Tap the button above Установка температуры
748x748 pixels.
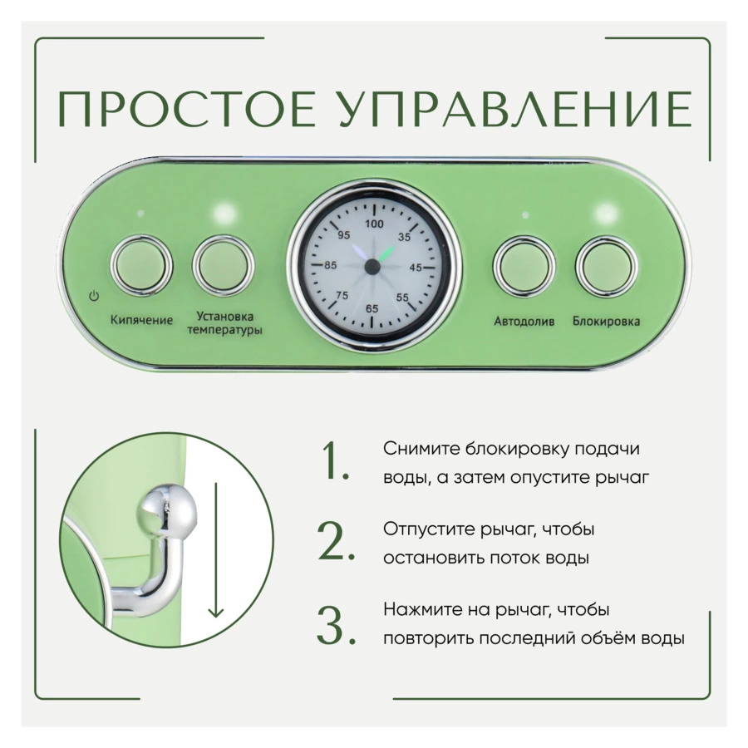point(224,265)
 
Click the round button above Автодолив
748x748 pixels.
point(524,265)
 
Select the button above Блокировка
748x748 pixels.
point(607,266)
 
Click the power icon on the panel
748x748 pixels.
point(94,296)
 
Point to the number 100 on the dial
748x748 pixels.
point(374,224)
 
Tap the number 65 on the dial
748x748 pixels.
point(372,308)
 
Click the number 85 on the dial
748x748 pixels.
point(331,265)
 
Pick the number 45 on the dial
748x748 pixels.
point(416,268)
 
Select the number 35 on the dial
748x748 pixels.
point(404,237)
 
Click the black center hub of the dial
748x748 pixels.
point(372,267)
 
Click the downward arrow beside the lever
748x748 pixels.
point(216,550)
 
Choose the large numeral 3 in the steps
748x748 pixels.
point(336,625)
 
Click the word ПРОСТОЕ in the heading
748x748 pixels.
point(186,109)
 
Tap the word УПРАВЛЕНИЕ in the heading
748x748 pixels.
point(515,109)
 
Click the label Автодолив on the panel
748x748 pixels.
point(524,322)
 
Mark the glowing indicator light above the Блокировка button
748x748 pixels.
point(607,214)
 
